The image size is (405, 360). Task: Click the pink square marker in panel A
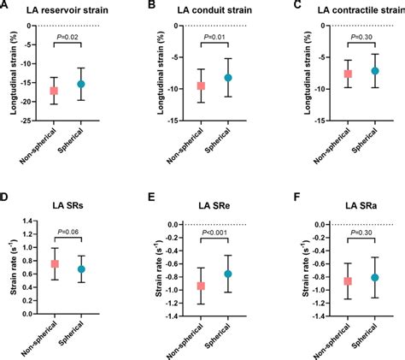pos(54,90)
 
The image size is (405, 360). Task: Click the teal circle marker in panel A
pos(81,84)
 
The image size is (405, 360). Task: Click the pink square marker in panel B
pos(201,86)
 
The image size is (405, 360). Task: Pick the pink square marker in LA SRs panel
pos(54,263)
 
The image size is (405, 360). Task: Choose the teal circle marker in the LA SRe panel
pos(228,274)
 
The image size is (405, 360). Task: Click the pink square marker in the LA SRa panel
pos(347,280)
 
